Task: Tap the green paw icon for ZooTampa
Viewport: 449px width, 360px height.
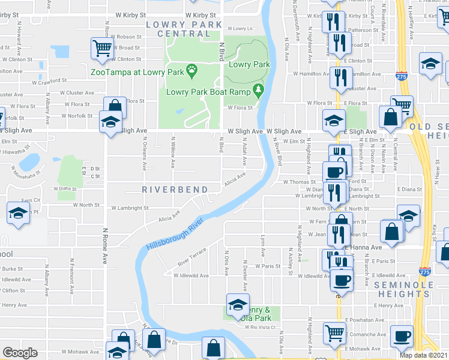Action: point(192,71)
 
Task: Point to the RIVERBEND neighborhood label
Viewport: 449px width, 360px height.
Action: point(174,189)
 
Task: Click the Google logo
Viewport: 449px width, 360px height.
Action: point(20,353)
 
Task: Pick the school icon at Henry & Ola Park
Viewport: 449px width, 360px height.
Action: point(238,304)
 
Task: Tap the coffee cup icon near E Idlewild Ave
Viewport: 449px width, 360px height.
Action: point(342,279)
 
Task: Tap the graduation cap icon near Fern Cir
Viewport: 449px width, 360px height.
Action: point(19,213)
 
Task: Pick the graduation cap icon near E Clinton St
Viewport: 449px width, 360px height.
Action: point(430,64)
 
